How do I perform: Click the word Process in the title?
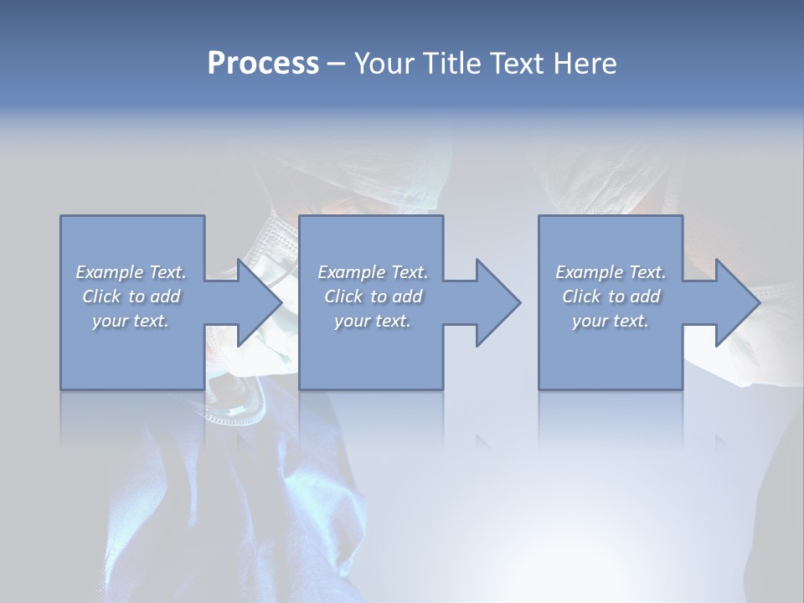tap(263, 64)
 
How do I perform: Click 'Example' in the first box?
tap(110, 272)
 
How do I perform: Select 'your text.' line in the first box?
tap(131, 321)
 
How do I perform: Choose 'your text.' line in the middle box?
tap(373, 321)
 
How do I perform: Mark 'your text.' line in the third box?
tap(611, 321)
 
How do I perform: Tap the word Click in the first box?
tap(101, 296)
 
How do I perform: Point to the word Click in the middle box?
tap(343, 296)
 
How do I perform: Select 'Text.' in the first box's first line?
tap(167, 272)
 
